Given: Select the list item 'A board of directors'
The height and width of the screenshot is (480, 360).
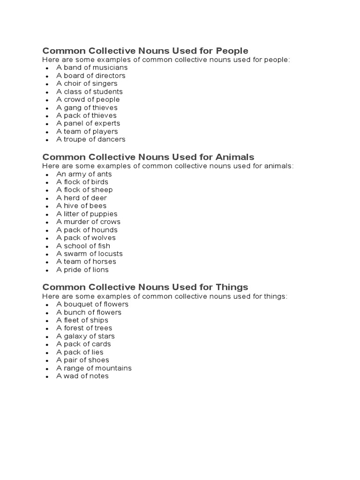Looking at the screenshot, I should pos(91,75).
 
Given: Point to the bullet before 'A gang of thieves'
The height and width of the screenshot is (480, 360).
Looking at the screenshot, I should pos(47,108).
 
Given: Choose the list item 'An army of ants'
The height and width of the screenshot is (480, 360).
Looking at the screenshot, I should pos(84,174).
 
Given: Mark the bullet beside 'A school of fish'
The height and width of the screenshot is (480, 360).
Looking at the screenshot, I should pos(47,247).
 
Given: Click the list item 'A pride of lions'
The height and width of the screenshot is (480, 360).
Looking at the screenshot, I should pos(82,270).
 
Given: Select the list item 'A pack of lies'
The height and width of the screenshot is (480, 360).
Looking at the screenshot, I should pos(80,352).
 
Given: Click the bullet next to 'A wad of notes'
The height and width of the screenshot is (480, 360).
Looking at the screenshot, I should pos(47,377).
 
